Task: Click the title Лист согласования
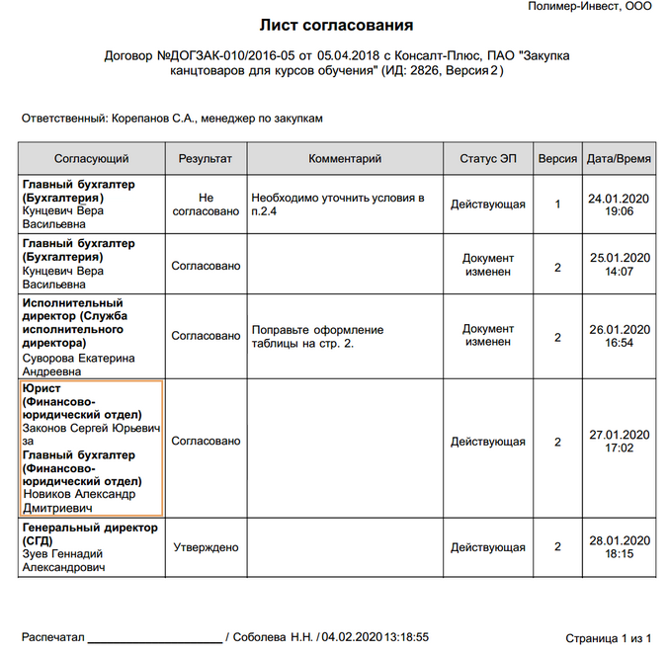click(336, 25)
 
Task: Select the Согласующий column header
click(91, 158)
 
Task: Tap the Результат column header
click(206, 158)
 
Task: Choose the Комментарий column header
click(345, 158)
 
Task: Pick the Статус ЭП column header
click(487, 158)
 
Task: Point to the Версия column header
click(557, 158)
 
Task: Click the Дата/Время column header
click(619, 158)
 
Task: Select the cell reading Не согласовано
click(206, 204)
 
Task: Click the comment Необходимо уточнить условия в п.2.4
click(338, 204)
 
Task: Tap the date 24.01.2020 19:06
click(619, 204)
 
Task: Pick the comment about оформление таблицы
click(317, 336)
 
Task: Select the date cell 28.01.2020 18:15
click(619, 547)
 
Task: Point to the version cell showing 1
click(557, 204)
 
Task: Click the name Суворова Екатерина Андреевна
click(78, 366)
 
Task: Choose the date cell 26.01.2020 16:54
click(619, 336)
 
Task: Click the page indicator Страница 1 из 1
click(608, 638)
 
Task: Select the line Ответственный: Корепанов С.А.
click(173, 119)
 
